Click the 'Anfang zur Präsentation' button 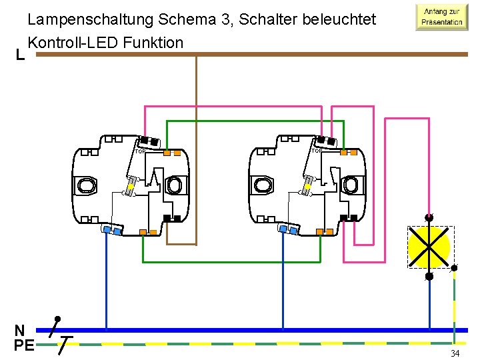tap(441, 17)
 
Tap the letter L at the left tap(21, 55)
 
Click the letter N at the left tap(20, 330)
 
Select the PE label tap(23, 345)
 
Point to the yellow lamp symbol tap(429, 247)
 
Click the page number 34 tap(455, 353)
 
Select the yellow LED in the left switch tap(132, 187)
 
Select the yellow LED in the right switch tap(309, 187)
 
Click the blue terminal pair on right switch tap(289, 230)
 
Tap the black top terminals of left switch tap(149, 142)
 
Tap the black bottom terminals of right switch tap(348, 218)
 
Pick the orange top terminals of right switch tap(349, 152)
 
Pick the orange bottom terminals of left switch tap(148, 232)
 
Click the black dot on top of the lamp tap(429, 217)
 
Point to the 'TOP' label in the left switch tap(140, 151)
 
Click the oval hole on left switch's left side tap(87, 185)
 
